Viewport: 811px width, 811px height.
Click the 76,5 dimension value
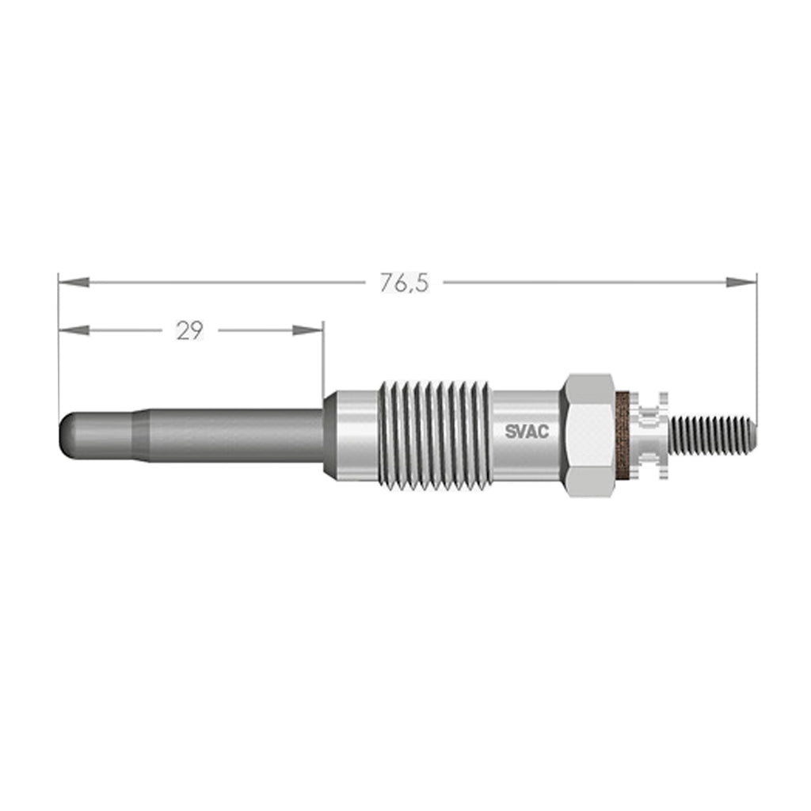click(x=405, y=283)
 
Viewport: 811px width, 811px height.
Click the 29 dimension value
click(x=190, y=330)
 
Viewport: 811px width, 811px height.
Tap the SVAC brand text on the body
click(x=527, y=432)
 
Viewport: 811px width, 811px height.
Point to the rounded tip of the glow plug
click(x=67, y=435)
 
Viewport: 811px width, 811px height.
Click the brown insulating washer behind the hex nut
click(x=624, y=435)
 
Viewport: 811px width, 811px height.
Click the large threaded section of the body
click(x=435, y=435)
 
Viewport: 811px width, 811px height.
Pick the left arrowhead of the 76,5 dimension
click(x=74, y=283)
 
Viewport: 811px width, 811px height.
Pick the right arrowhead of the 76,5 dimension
click(x=741, y=283)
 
